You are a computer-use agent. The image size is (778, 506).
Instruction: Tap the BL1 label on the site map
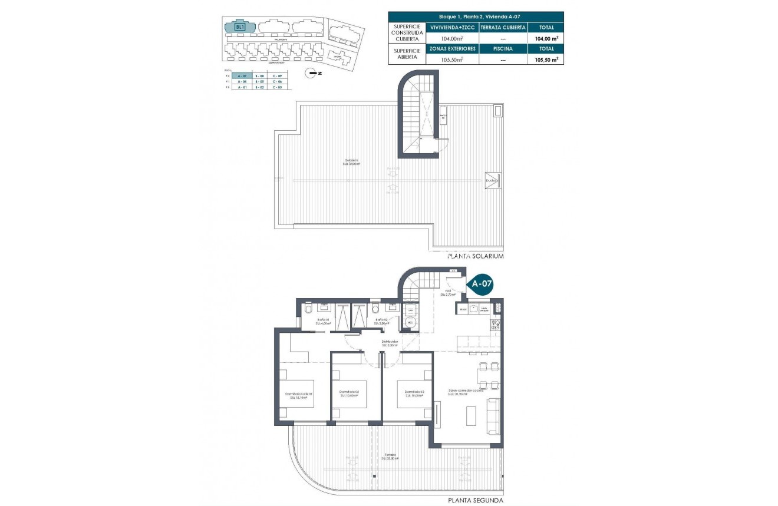tap(239, 27)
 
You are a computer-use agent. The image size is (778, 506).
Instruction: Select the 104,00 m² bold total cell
tap(545, 38)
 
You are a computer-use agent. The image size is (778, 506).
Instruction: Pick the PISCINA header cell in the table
tap(503, 49)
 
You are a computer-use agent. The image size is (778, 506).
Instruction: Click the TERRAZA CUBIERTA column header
tap(503, 28)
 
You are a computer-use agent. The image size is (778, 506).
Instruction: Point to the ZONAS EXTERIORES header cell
tap(453, 49)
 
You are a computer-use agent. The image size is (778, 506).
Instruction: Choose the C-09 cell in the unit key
tap(277, 77)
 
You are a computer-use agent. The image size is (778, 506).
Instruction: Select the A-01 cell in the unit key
tap(242, 87)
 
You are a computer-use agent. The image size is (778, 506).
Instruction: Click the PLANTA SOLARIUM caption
tap(476, 257)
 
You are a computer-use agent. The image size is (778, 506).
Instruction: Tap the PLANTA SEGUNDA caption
tap(476, 500)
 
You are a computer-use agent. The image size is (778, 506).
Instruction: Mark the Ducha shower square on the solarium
tap(493, 181)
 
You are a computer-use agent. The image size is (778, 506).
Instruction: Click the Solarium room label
tap(351, 162)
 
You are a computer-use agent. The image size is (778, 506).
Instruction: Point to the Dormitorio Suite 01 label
tap(299, 395)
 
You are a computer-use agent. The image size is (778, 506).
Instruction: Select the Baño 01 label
tap(322, 320)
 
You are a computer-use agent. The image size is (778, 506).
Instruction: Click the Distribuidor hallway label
tap(390, 342)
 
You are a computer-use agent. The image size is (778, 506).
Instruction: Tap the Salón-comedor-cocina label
tap(466, 391)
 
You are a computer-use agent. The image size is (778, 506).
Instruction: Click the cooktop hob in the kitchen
tap(496, 325)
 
